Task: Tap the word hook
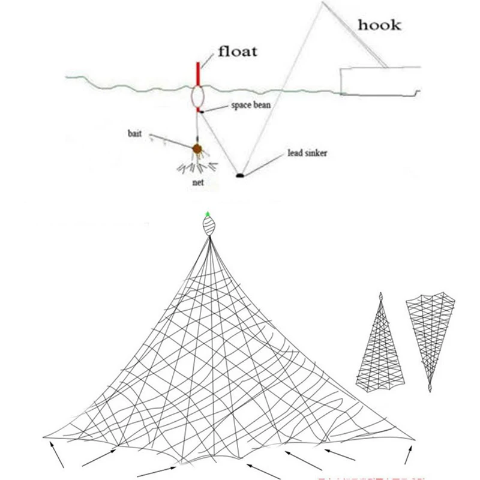[379, 25]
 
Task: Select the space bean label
[251, 105]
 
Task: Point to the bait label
[134, 133]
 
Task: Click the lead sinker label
[308, 153]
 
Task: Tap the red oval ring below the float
[198, 97]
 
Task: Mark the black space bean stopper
[203, 111]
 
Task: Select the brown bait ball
[196, 148]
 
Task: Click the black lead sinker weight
[240, 175]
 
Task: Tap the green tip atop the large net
[208, 214]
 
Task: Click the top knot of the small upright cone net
[380, 297]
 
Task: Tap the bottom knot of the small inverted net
[430, 388]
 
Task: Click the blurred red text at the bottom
[366, 478]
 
